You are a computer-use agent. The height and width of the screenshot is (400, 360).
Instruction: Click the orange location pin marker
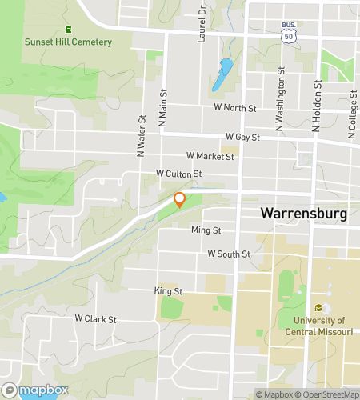(180, 199)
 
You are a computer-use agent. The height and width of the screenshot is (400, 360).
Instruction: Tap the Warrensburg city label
(302, 214)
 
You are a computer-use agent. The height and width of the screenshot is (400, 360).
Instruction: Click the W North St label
(234, 107)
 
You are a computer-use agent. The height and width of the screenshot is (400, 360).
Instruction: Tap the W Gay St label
(242, 137)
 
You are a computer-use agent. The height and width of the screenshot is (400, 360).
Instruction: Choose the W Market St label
(210, 156)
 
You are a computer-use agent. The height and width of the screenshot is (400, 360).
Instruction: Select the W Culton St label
(178, 173)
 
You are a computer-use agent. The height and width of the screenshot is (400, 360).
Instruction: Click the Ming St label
(206, 230)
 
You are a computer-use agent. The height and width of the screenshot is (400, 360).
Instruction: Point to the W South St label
(229, 254)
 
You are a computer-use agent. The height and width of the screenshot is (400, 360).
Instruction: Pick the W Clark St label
(96, 318)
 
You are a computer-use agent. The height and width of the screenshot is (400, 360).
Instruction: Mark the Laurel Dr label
(202, 21)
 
